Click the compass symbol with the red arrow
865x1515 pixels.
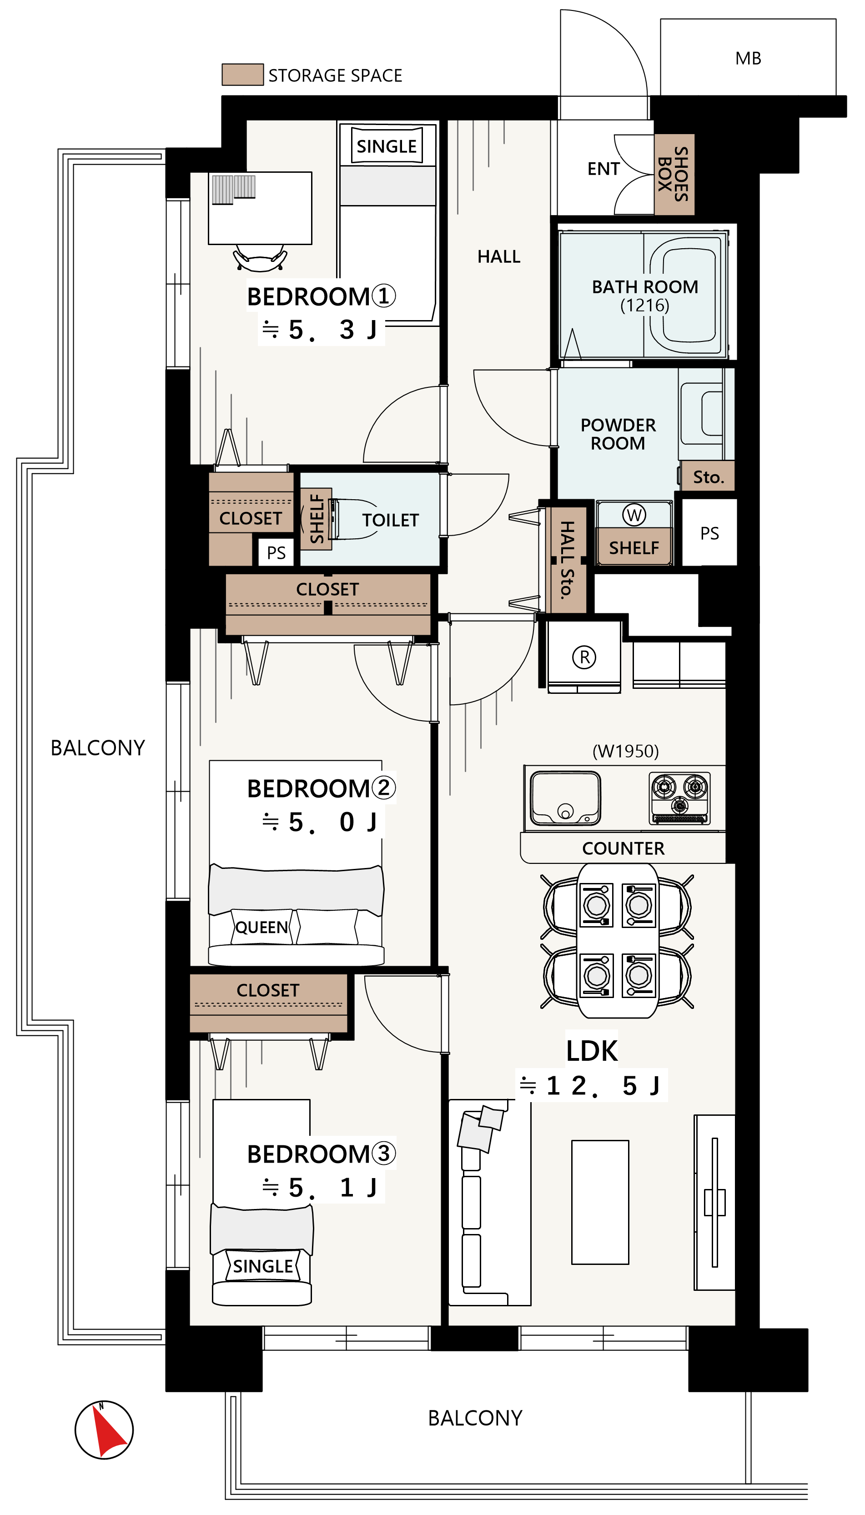[x=104, y=1430]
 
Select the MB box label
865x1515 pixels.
[x=748, y=58]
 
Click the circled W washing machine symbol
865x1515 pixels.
[x=634, y=515]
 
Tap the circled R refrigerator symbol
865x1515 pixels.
[x=584, y=657]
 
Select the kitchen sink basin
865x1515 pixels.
[x=565, y=798]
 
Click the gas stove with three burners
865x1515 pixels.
[x=679, y=798]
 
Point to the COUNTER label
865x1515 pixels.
[x=623, y=848]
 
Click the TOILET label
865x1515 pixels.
[x=390, y=520]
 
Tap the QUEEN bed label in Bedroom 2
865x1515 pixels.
[x=262, y=927]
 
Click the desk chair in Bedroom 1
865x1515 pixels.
[x=260, y=258]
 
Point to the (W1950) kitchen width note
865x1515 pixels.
[x=626, y=751]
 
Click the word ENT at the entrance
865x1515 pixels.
[x=603, y=169]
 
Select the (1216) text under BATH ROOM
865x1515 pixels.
[x=644, y=306]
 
